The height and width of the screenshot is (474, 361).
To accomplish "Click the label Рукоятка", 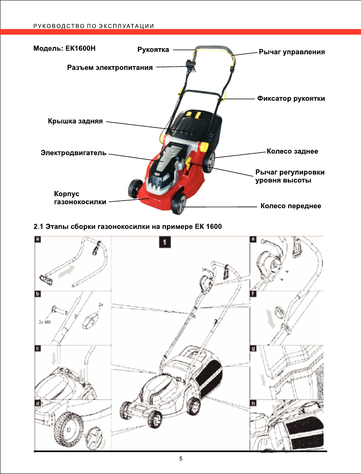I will tap(153, 50).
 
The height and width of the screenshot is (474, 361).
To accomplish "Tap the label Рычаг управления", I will tap(292, 52).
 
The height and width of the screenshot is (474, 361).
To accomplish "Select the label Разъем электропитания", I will tap(109, 68).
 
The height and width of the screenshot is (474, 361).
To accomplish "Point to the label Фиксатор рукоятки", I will tap(291, 98).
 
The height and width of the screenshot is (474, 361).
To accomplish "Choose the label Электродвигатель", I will tap(74, 152).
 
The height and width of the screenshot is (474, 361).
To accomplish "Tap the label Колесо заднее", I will tap(292, 151).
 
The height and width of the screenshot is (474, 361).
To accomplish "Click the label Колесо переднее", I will tap(291, 206).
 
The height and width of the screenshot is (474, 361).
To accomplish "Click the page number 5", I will tap(181, 459).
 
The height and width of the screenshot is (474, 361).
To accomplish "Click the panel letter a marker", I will tap(38, 240).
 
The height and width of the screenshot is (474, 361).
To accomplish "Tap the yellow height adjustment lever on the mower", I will tap(189, 163).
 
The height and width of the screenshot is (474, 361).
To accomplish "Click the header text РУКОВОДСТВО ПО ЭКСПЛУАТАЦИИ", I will tap(94, 27).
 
